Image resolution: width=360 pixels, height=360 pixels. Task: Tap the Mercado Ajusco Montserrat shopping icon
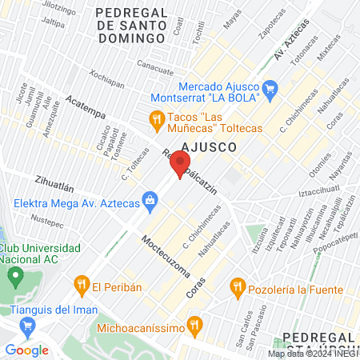coord(270,92)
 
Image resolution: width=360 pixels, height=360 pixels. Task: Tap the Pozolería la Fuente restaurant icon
coord(237,286)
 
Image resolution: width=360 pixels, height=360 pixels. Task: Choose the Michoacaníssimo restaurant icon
coord(194,326)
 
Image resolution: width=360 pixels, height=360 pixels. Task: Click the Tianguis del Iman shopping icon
coord(28,326)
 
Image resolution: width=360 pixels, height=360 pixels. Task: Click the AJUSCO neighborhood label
coord(209,147)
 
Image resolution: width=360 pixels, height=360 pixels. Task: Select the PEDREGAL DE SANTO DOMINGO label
coord(132,25)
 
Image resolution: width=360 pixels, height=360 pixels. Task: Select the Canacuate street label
coord(155,67)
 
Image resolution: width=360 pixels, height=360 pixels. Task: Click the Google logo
coord(26,350)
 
